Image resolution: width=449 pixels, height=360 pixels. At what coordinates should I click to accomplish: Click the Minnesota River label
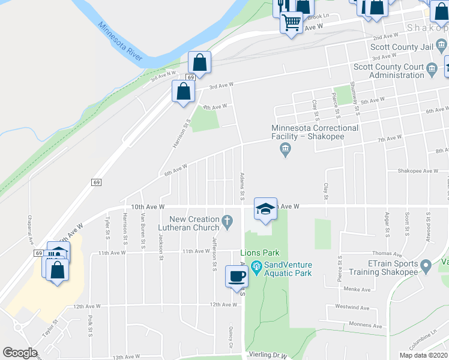click(120, 42)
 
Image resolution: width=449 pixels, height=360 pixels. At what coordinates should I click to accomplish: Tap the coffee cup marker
click(237, 275)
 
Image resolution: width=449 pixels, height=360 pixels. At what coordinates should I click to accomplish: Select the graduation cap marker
click(265, 208)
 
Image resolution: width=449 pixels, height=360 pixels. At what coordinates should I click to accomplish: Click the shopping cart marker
click(291, 22)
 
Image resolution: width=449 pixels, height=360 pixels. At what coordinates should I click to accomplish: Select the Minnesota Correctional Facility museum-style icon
click(286, 148)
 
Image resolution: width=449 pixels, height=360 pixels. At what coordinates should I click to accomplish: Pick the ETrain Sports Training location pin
click(426, 265)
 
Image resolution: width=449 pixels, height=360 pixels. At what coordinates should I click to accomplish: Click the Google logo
click(20, 353)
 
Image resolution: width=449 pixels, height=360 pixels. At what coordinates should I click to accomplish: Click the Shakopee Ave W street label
click(417, 170)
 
